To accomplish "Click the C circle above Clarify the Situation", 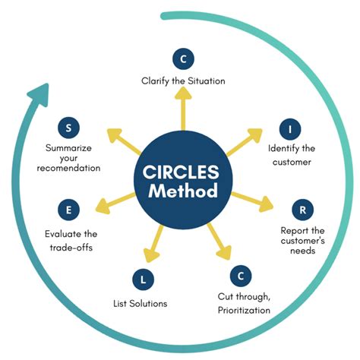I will tap(182, 58).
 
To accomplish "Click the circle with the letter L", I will tap(141, 280).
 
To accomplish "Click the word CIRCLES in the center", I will tap(181, 171).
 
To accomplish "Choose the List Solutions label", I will tap(135, 304).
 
